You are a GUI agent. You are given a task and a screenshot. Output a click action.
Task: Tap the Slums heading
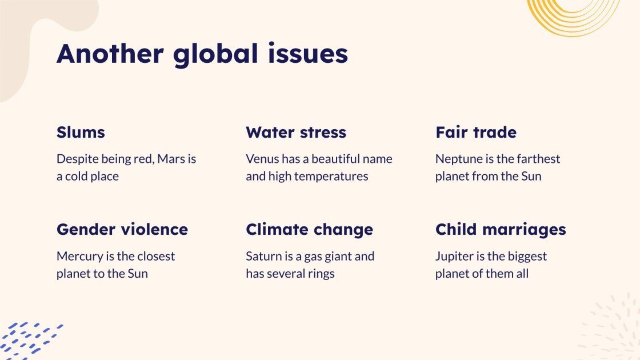81,133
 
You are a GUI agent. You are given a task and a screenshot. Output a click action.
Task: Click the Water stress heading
296,133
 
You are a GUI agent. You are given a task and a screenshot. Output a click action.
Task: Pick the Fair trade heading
476,133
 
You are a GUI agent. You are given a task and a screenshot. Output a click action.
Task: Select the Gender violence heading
122,230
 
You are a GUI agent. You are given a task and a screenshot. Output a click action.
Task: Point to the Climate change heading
309,230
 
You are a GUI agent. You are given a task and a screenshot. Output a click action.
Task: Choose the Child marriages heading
501,230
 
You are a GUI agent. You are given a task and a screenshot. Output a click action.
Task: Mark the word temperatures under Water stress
332,177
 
